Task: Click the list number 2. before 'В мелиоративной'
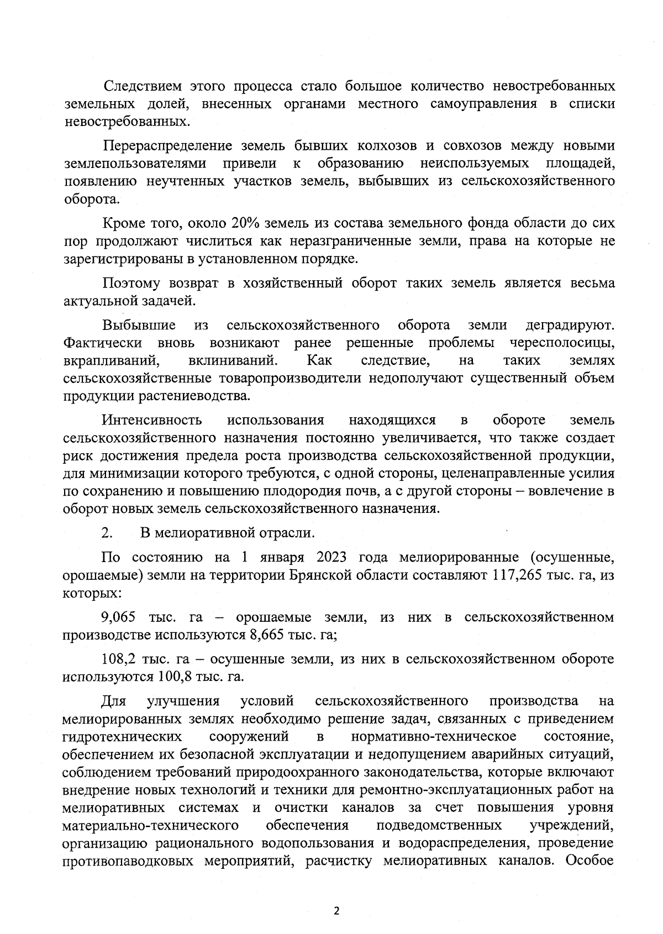click(x=107, y=533)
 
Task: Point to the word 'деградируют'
click(x=570, y=325)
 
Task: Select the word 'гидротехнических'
click(x=122, y=736)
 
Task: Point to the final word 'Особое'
click(x=591, y=861)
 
